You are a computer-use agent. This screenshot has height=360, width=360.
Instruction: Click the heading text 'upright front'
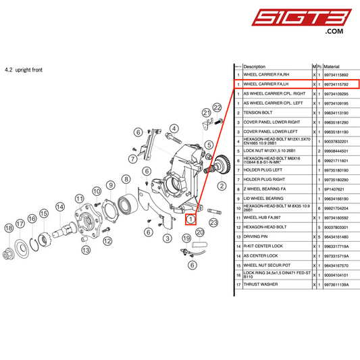[x=28, y=70]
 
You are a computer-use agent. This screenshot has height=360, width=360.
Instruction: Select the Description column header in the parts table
[x=255, y=67]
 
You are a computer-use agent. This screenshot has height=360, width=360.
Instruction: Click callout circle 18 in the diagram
[x=9, y=229]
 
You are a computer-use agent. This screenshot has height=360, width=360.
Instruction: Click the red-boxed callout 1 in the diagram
[x=191, y=219]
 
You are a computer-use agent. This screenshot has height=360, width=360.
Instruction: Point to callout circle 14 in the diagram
[x=60, y=207]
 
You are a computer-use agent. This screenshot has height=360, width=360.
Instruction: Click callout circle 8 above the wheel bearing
[x=126, y=178]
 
